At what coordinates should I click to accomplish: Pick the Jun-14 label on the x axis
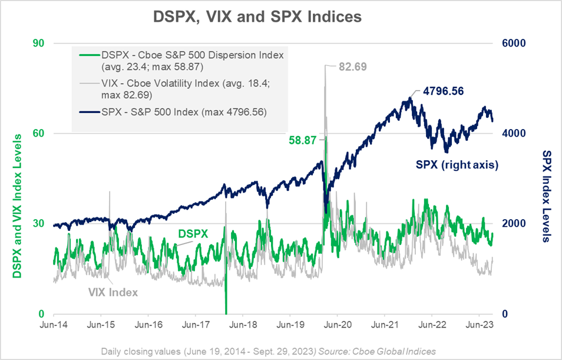[53, 325]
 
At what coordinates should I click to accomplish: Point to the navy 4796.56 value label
[447, 92]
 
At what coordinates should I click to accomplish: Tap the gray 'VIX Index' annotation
[113, 292]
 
